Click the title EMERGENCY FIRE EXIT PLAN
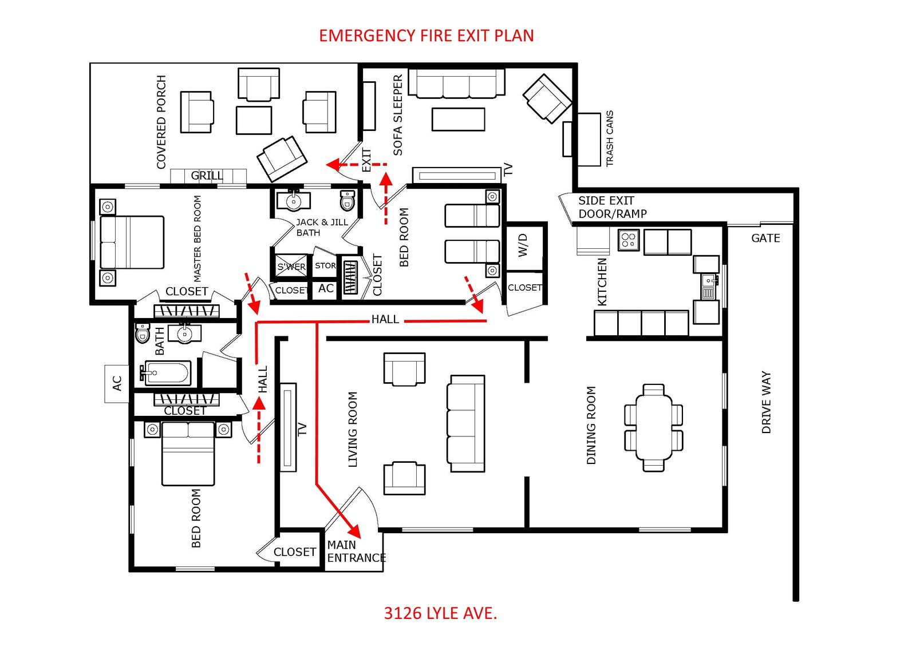click(426, 35)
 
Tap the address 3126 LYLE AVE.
click(440, 613)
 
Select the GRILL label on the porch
click(207, 176)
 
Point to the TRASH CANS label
click(609, 138)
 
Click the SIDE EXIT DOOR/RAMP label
click(612, 207)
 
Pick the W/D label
click(523, 245)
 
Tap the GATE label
click(765, 238)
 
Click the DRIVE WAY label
click(766, 402)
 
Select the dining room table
click(653, 427)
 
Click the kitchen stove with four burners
click(629, 240)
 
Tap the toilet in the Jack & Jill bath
click(347, 200)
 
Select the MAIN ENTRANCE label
click(357, 551)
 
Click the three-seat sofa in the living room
click(466, 424)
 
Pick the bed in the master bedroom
click(132, 243)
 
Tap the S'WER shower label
click(291, 267)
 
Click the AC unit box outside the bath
click(117, 384)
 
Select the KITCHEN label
click(602, 281)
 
